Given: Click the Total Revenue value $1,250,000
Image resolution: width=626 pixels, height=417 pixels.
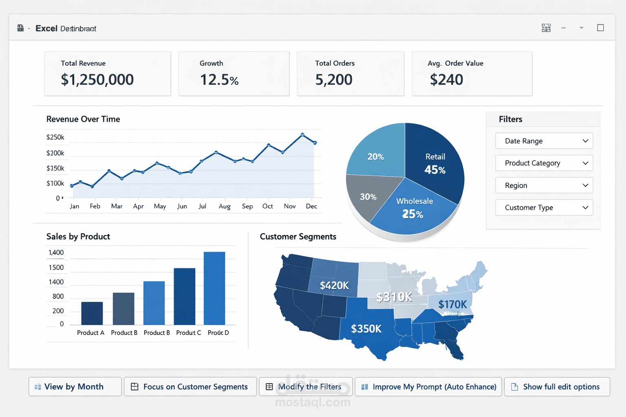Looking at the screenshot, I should (97, 80).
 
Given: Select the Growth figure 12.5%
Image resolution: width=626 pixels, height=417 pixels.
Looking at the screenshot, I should (219, 80).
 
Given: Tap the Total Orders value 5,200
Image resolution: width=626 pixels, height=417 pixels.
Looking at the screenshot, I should (333, 80).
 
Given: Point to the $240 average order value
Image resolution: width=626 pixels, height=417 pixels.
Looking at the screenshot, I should (446, 80).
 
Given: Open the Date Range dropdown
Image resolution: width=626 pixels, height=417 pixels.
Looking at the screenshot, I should (544, 141).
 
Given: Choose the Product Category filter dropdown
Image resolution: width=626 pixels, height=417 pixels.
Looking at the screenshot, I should (544, 163).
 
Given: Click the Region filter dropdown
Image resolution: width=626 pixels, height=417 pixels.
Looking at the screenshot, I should (544, 185).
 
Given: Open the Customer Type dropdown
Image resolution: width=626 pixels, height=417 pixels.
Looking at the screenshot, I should (544, 208).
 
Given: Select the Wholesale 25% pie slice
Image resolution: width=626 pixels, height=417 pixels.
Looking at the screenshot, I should (414, 208).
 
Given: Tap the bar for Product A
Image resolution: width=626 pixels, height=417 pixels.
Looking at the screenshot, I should (92, 313).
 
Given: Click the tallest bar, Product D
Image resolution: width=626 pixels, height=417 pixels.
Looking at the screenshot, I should (214, 288).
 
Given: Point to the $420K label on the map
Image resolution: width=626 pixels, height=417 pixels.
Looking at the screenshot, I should (334, 285).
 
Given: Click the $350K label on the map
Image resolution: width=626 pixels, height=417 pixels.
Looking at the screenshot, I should (366, 329).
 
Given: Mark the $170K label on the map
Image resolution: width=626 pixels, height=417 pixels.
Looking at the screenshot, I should (452, 304).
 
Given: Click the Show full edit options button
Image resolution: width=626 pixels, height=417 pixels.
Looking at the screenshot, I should (557, 387).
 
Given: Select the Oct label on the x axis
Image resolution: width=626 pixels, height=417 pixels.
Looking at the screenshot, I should (268, 206).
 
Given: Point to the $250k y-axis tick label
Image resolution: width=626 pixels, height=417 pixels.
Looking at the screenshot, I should (55, 137).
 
